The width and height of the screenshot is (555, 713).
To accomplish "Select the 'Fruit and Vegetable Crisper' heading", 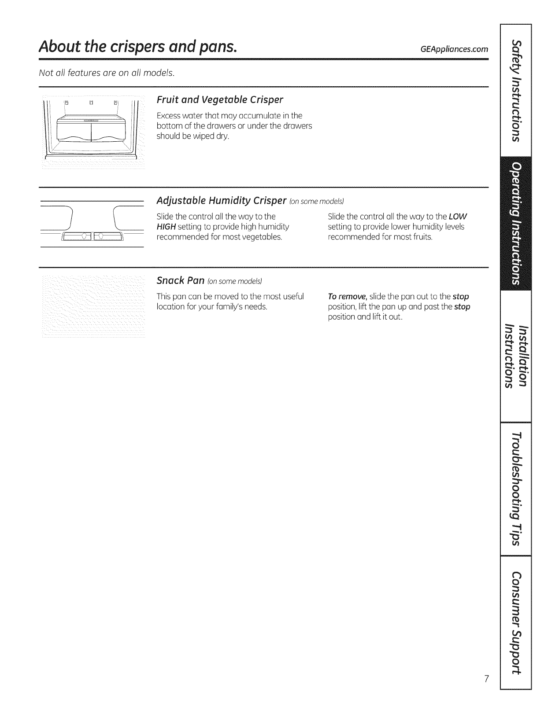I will [220, 99].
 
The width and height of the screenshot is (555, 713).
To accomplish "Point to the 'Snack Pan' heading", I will [181, 280].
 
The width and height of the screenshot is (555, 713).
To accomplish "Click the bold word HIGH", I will [166, 227].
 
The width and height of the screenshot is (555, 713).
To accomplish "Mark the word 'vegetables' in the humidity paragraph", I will [263, 237].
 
